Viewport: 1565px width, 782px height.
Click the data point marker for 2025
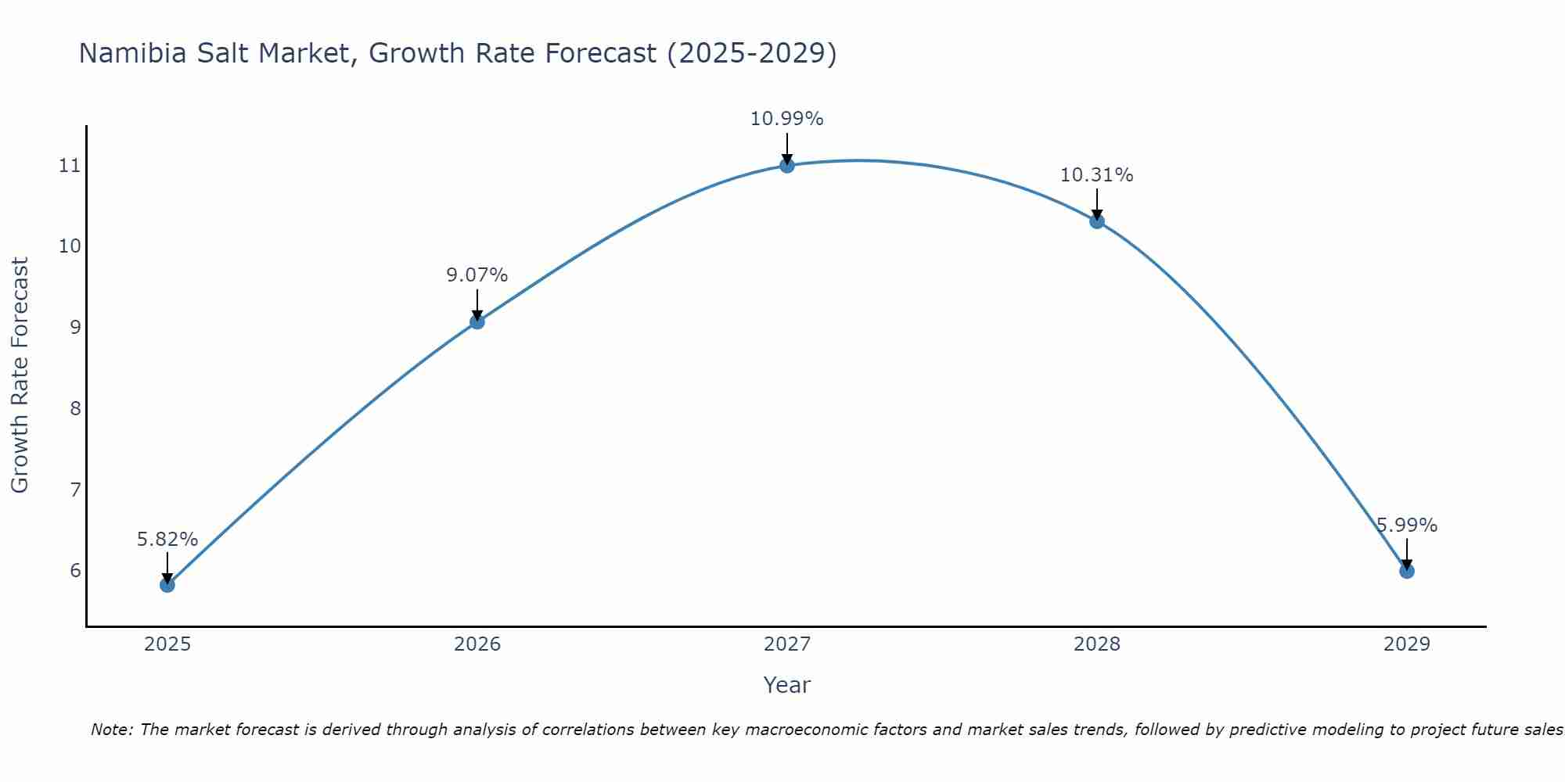point(167,584)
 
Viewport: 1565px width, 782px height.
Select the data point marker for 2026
point(477,321)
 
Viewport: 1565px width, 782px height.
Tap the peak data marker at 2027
point(787,165)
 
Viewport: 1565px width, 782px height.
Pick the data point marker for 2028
point(1097,221)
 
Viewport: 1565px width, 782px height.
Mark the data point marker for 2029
point(1407,571)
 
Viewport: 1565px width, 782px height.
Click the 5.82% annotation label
point(167,540)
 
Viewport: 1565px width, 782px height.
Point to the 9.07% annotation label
point(477,275)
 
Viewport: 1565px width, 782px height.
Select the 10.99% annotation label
point(787,119)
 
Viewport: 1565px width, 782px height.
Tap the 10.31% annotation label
point(1097,175)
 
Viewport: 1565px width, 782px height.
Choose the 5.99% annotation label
point(1407,526)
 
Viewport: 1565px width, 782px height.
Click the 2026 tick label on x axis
point(477,644)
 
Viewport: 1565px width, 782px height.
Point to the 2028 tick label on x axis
point(1097,644)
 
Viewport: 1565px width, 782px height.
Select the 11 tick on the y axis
point(70,166)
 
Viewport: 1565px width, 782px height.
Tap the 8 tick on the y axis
point(75,408)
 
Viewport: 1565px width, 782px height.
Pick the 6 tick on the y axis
point(75,570)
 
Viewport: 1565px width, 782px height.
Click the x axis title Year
point(787,685)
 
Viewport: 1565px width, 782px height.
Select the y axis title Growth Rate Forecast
point(20,375)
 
